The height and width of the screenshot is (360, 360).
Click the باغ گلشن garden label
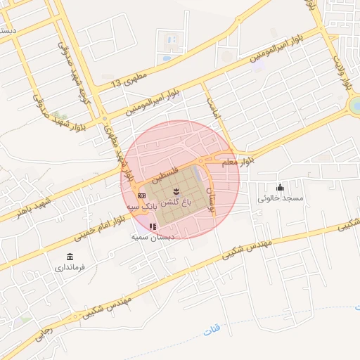(176, 202)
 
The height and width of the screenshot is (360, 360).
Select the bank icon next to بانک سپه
(141, 195)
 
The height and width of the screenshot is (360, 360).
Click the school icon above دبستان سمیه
(153, 226)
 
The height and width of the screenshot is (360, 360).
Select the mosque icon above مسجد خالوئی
(281, 186)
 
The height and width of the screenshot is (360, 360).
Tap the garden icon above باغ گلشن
(176, 191)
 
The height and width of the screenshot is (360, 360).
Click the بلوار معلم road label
(238, 162)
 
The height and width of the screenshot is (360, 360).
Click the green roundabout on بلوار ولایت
(356, 105)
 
